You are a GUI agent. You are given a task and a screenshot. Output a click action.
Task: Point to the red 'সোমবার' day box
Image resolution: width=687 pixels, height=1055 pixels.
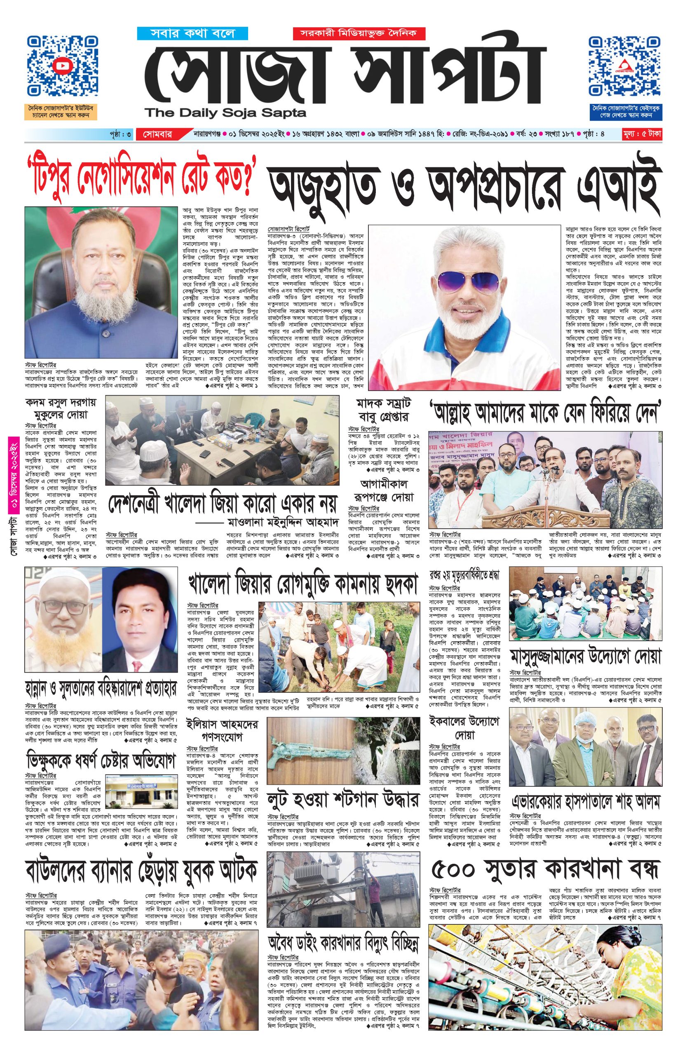click(157, 134)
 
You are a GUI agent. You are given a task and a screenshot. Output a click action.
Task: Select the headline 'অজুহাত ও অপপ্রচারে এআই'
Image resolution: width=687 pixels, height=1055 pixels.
click(463, 186)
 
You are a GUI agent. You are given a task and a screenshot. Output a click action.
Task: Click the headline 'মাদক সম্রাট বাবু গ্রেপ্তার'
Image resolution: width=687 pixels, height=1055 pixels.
click(382, 410)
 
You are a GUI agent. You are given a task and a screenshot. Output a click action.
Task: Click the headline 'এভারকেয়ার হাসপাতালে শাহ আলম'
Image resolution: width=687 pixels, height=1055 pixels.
click(585, 802)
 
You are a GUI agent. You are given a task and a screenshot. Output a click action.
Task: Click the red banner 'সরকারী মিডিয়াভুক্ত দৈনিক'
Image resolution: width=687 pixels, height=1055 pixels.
click(359, 33)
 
